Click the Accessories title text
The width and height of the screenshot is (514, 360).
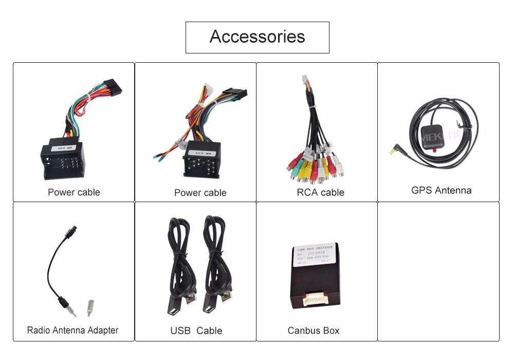click(257, 37)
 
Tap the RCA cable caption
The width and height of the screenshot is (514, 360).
click(320, 192)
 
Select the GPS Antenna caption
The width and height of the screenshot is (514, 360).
click(441, 190)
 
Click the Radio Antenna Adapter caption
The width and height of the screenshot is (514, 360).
click(72, 330)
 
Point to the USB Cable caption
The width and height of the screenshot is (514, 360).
click(196, 331)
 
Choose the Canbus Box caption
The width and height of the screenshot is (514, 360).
click(314, 331)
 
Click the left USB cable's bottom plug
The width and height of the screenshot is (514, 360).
click(176, 304)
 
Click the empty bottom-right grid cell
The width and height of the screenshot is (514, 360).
click(438, 271)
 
